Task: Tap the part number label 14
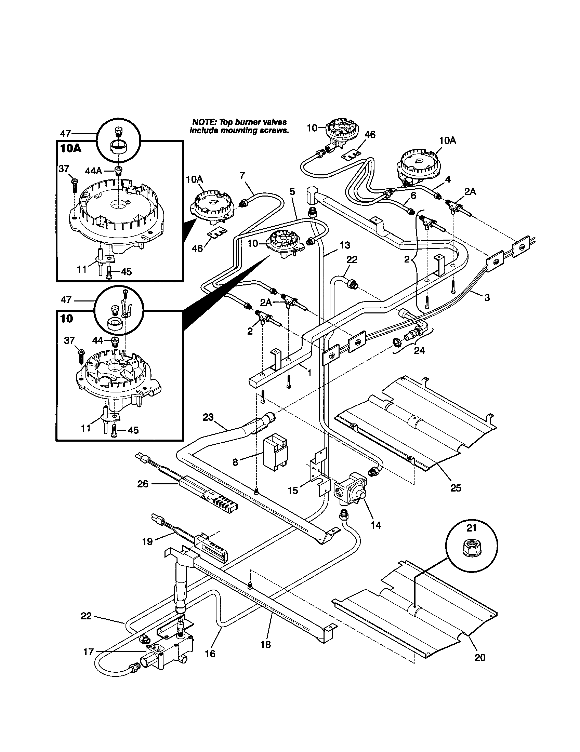tap(376, 525)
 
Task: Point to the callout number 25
tap(455, 488)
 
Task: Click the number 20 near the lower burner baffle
tap(480, 657)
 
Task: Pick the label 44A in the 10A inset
tap(94, 171)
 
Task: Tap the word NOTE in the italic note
tap(202, 122)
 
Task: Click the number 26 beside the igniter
tap(143, 484)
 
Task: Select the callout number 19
tap(147, 542)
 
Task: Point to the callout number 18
tap(265, 644)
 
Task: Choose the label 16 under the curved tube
tap(210, 653)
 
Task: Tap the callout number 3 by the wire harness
tap(487, 297)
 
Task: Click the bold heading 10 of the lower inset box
tap(66, 319)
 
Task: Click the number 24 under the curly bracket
tap(419, 350)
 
